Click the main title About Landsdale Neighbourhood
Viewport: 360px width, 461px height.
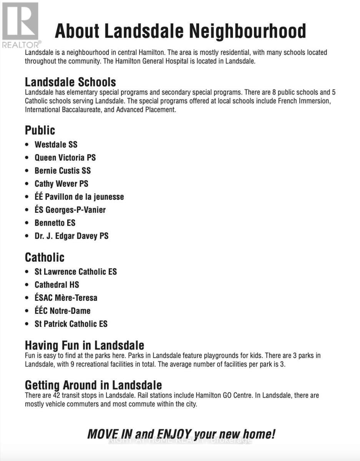[180, 31]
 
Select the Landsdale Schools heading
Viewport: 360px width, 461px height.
[70, 82]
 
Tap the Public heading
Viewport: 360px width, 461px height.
[40, 130]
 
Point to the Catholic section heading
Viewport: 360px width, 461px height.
[45, 257]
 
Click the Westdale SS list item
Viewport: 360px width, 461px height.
[56, 144]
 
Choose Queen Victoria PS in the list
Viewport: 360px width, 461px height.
[65, 158]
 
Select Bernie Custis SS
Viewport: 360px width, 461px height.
[63, 171]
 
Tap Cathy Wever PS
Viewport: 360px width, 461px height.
[61, 184]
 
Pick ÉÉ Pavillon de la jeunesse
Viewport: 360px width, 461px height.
[79, 197]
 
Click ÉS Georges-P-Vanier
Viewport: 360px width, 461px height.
[70, 210]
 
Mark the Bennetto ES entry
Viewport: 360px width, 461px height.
[55, 223]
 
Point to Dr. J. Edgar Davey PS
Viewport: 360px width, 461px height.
[71, 236]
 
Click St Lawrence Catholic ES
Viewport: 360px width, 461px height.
[76, 272]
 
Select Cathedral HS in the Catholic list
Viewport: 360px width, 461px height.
[57, 285]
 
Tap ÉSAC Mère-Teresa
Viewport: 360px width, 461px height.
[66, 298]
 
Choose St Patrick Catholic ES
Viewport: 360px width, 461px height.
[71, 324]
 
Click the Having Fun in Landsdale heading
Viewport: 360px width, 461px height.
[85, 345]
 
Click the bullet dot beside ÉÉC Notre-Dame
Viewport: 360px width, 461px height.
[27, 311]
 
